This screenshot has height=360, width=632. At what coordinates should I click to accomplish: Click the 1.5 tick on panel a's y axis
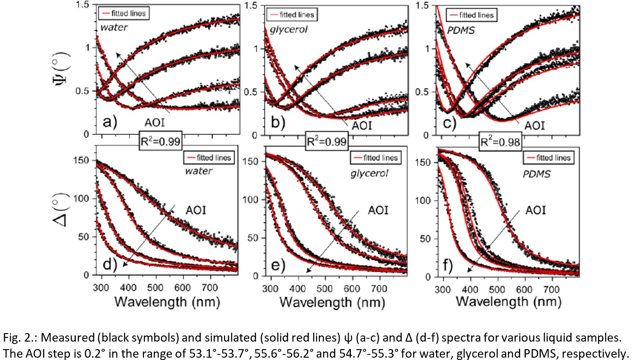[84, 5]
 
